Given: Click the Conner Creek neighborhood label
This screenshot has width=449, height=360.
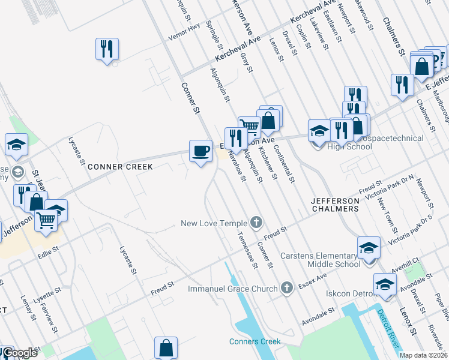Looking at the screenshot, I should (x=120, y=166).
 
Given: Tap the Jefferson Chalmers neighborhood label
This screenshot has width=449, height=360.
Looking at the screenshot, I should (x=335, y=204).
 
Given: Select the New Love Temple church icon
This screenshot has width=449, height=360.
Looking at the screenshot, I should (x=256, y=223).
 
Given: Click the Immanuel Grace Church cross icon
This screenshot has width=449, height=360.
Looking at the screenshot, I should (x=287, y=288).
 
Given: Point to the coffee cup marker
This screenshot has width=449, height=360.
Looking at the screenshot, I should (x=200, y=149).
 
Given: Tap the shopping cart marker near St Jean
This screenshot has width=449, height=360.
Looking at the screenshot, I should (x=46, y=220).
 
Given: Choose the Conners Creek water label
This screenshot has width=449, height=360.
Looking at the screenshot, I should (x=255, y=341).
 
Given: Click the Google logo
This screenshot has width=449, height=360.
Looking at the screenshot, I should (x=19, y=353).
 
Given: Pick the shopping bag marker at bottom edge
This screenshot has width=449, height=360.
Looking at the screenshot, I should (x=166, y=348).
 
